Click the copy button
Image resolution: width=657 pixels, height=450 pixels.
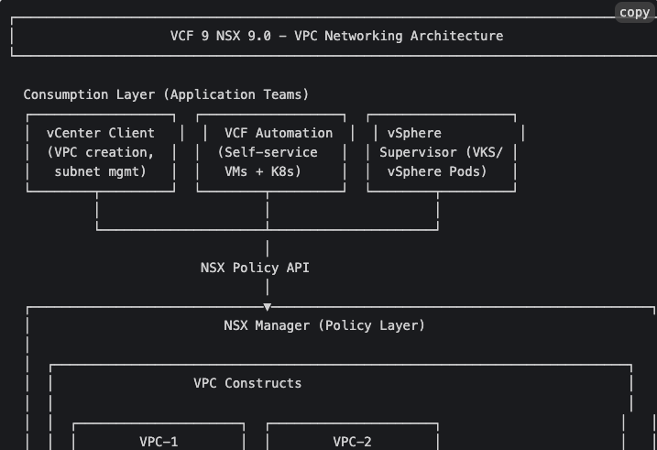(x=634, y=13)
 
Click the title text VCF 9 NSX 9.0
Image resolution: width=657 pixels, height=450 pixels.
(x=221, y=36)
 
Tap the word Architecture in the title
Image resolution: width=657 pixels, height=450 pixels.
(x=456, y=36)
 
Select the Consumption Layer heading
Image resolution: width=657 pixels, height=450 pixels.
(x=89, y=94)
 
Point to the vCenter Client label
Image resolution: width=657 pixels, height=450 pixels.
(x=101, y=133)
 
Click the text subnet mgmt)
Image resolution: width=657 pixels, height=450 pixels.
(x=101, y=171)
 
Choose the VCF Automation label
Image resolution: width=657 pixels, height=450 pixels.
(x=279, y=133)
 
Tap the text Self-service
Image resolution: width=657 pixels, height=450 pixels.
(x=270, y=152)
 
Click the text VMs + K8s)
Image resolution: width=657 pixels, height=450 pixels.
(x=263, y=171)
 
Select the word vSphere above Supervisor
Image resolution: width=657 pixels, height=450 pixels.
(x=414, y=133)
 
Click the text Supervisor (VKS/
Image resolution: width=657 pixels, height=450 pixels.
(x=441, y=152)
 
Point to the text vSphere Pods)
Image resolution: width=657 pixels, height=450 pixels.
(x=437, y=171)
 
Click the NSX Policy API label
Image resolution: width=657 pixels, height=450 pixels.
(x=255, y=268)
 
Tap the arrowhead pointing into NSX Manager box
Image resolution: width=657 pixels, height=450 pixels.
(x=268, y=307)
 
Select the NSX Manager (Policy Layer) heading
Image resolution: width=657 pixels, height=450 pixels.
(x=324, y=325)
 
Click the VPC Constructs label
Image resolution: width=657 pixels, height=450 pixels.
(x=247, y=383)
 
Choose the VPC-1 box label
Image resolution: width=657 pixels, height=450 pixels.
(x=159, y=442)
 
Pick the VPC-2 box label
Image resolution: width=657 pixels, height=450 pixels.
(x=353, y=442)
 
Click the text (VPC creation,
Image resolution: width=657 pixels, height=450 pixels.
(x=101, y=152)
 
